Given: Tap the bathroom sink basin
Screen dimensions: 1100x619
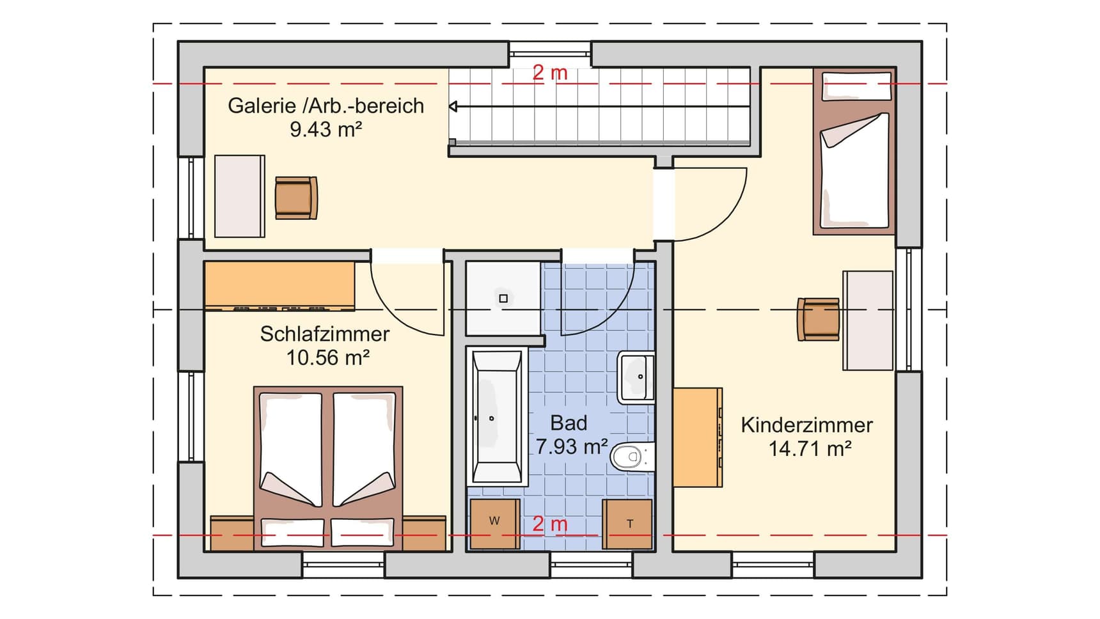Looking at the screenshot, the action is [x=636, y=377].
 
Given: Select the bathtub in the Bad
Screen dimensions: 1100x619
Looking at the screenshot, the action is [x=497, y=416].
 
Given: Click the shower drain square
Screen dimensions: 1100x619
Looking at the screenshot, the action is [x=503, y=299].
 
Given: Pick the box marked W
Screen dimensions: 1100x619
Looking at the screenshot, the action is [x=494, y=524].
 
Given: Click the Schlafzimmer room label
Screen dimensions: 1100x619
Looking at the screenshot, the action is [x=325, y=334].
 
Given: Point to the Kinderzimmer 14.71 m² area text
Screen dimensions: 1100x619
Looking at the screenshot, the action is [x=810, y=449].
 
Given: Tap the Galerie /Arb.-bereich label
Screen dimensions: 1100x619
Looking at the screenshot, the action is [x=326, y=106].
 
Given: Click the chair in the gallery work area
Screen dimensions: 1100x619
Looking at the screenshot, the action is [x=296, y=198].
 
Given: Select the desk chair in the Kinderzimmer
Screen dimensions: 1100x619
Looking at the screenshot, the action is [x=818, y=319].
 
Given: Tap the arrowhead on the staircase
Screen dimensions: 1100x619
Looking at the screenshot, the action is [x=453, y=106].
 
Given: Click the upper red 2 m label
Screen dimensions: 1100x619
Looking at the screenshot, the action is [x=550, y=73].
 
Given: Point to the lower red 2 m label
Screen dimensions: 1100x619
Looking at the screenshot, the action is [x=550, y=524].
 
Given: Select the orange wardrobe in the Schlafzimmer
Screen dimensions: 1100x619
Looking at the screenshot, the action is [x=279, y=286].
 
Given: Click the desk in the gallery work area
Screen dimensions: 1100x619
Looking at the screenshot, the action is [x=239, y=196].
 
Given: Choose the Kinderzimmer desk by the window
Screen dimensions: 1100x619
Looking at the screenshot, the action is [x=868, y=320].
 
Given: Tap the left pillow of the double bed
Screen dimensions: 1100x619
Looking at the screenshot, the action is [x=292, y=532].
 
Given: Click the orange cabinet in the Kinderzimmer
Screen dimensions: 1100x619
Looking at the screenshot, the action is [x=698, y=437].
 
